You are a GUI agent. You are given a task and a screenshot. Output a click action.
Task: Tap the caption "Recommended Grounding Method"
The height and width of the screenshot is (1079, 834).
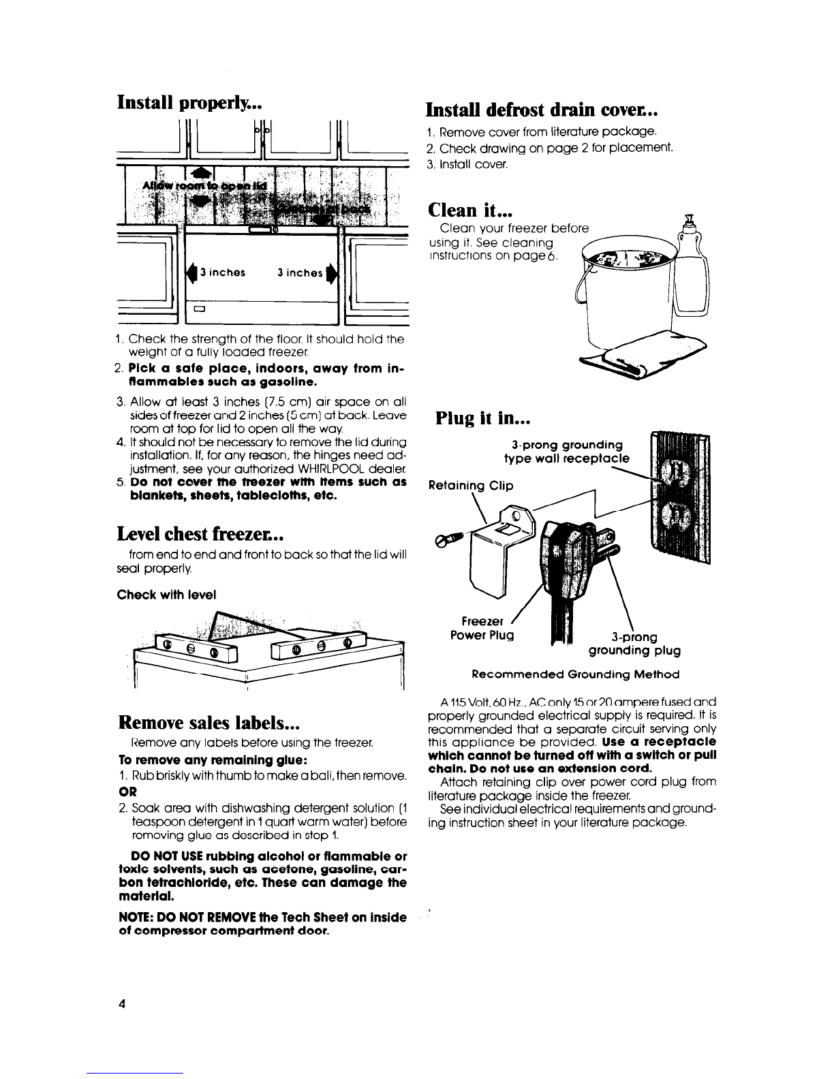coord(575,674)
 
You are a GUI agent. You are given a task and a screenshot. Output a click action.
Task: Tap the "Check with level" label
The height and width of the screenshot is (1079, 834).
coord(167,595)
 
